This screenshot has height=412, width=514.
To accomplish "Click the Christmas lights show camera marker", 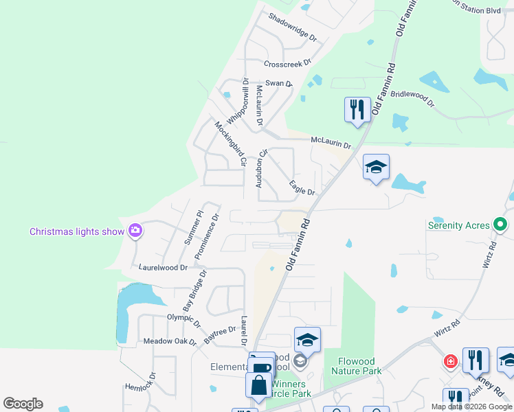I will pyautogui.click(x=135, y=231).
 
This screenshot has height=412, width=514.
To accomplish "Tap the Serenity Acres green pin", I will pyautogui.click(x=501, y=225).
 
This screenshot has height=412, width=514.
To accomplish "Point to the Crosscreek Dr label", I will pyautogui.click(x=289, y=64).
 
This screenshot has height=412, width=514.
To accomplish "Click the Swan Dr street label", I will pyautogui.click(x=279, y=83).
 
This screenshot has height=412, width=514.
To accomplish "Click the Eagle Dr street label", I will pyautogui.click(x=302, y=187).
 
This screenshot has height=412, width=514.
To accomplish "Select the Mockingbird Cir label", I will pyautogui.click(x=229, y=144).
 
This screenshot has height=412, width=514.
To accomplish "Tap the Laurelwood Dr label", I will pyautogui.click(x=163, y=267).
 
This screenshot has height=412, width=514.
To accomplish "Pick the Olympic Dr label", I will pyautogui.click(x=183, y=319).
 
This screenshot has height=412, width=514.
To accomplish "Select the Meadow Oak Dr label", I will pyautogui.click(x=170, y=341).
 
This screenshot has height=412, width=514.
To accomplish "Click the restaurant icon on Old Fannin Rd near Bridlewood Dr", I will pyautogui.click(x=357, y=109).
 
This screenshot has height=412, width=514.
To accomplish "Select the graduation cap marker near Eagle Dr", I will pyautogui.click(x=376, y=167).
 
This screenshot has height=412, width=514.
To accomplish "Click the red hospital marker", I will pyautogui.click(x=450, y=361).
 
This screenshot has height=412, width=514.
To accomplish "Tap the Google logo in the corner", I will pyautogui.click(x=23, y=404).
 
